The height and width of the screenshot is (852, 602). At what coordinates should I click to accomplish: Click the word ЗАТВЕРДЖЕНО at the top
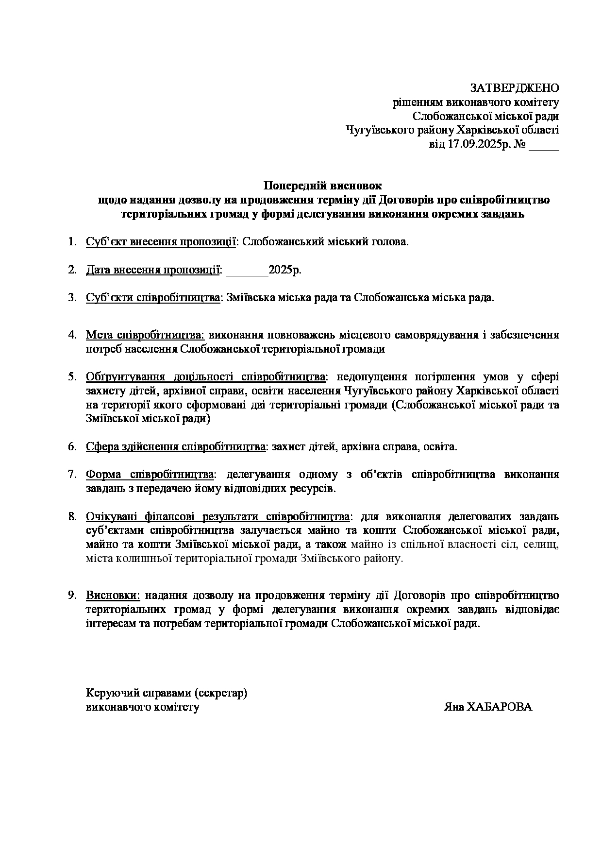[515, 88]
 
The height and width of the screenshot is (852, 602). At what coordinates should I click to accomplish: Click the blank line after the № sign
[544, 145]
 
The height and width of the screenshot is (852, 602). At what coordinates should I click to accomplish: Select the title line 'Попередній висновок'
[323, 186]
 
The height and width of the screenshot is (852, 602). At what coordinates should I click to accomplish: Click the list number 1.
[72, 242]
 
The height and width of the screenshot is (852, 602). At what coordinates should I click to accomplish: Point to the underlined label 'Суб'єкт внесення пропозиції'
[161, 242]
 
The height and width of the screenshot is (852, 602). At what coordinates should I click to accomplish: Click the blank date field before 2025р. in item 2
[247, 270]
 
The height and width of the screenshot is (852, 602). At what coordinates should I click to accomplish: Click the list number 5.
[72, 377]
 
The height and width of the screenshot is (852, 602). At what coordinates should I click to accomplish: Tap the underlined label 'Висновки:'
[113, 596]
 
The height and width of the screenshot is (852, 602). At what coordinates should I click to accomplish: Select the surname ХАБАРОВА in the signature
[500, 707]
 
